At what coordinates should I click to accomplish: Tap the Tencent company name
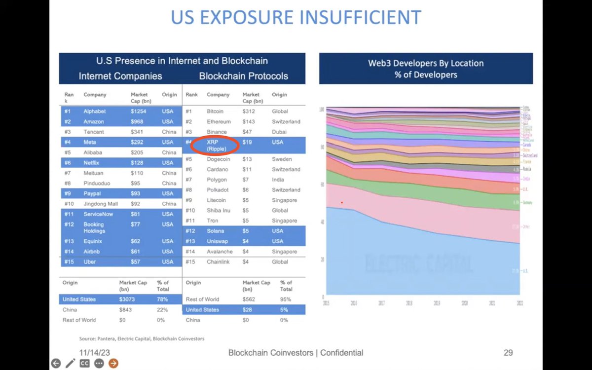[x=94, y=132]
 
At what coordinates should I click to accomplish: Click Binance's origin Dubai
[x=280, y=132]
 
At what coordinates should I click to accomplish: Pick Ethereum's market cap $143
[x=249, y=121]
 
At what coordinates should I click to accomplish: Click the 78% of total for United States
[x=163, y=299]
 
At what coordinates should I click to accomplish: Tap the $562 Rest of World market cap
[x=249, y=299]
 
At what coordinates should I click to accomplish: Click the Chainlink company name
[x=220, y=261]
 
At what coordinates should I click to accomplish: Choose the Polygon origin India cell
[x=279, y=180]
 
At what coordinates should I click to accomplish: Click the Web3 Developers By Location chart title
[x=426, y=69]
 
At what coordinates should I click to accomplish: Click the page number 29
[x=508, y=352]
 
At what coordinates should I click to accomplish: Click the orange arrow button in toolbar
[x=113, y=364]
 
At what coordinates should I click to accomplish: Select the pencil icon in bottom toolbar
[x=70, y=364]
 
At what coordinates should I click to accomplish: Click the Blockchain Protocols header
[x=244, y=76]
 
